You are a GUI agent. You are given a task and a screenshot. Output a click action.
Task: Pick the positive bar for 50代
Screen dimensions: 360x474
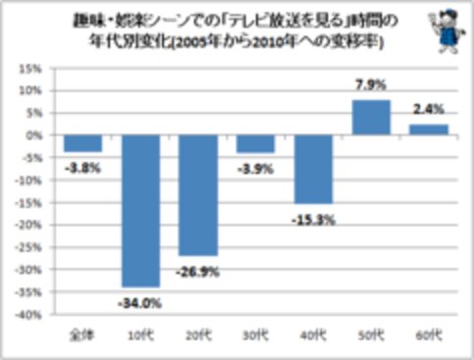(x=370, y=117)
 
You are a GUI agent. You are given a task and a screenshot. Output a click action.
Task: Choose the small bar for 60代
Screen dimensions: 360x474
(x=428, y=129)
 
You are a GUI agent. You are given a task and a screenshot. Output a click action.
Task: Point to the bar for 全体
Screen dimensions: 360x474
(x=82, y=143)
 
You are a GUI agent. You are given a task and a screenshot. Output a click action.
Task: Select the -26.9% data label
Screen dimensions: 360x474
(x=198, y=267)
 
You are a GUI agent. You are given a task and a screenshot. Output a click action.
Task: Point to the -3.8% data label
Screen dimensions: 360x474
(x=82, y=167)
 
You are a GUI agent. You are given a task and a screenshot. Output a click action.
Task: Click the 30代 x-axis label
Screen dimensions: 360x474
(x=255, y=336)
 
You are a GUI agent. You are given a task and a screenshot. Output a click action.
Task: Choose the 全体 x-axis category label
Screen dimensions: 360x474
(x=82, y=336)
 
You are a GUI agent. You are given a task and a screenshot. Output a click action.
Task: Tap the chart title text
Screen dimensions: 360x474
(x=236, y=31)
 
